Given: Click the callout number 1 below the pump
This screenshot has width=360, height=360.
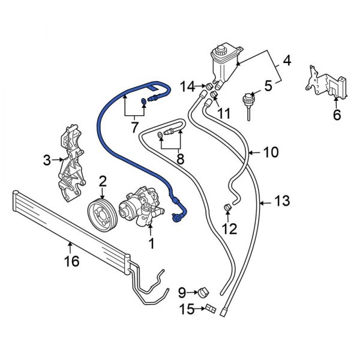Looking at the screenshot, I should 151,243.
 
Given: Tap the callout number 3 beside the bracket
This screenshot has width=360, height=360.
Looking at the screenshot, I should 47,160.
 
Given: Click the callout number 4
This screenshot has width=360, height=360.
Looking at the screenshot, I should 286,61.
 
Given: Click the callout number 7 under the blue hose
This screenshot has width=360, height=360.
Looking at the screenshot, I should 135,127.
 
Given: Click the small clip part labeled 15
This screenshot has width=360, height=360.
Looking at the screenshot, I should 211,308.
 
